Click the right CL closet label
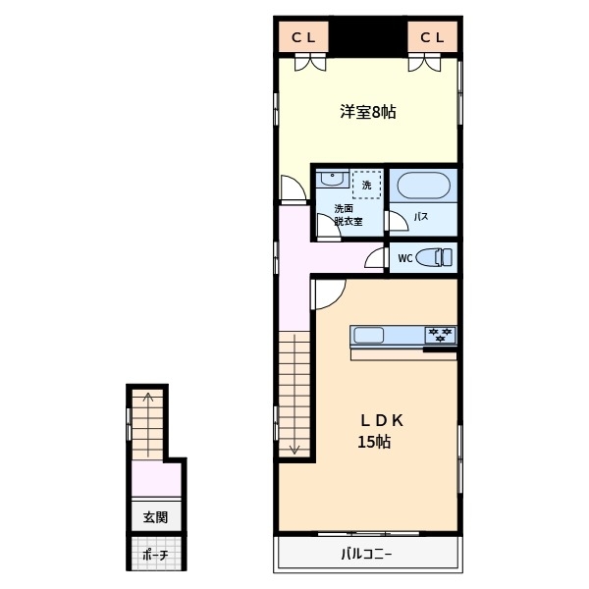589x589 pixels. click(433, 37)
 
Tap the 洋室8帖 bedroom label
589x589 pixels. click(368, 112)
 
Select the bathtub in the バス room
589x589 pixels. click(423, 186)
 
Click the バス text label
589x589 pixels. click(419, 217)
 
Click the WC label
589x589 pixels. click(403, 259)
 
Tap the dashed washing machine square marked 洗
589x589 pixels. click(367, 184)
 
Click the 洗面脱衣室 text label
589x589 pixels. click(348, 215)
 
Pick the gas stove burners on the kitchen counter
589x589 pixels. click(440, 335)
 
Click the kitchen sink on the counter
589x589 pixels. click(369, 336)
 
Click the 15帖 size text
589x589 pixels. click(374, 442)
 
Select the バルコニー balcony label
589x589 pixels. click(367, 554)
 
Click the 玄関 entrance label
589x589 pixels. click(155, 516)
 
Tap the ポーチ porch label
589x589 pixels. click(155, 555)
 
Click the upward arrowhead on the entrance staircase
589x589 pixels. click(148, 398)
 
